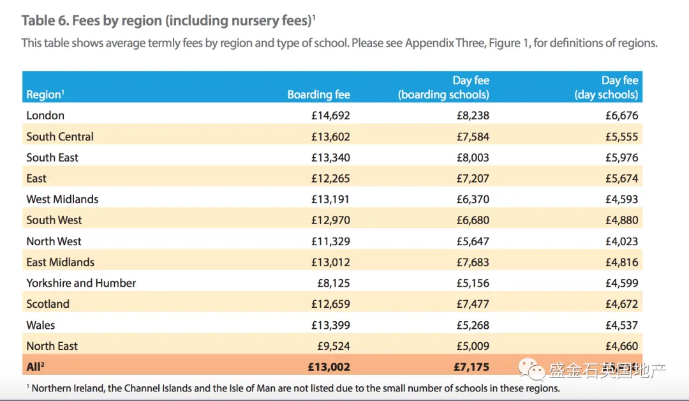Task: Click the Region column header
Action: pyautogui.click(x=45, y=95)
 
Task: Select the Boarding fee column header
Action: pyautogui.click(x=318, y=95)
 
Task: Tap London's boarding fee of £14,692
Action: pyautogui.click(x=330, y=116)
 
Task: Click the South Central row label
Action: pyautogui.click(x=60, y=137)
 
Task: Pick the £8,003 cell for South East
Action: pyautogui.click(x=473, y=158)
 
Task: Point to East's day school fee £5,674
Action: pyautogui.click(x=622, y=179)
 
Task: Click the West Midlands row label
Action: pyautogui.click(x=63, y=199)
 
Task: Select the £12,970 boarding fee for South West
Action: pyautogui.click(x=330, y=220)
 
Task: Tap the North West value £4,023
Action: pyautogui.click(x=622, y=241)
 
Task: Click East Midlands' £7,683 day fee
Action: pyautogui.click(x=473, y=262)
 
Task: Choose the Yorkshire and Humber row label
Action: pyautogui.click(x=81, y=283)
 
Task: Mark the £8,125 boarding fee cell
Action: pyautogui.click(x=334, y=283)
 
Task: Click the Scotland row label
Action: pyautogui.click(x=48, y=305)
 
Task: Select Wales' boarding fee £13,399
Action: pyautogui.click(x=330, y=326)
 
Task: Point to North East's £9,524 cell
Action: pyautogui.click(x=334, y=346)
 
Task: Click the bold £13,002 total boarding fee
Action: pyautogui.click(x=329, y=367)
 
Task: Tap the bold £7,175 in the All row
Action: pyautogui.click(x=471, y=367)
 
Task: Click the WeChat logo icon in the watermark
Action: pyautogui.click(x=531, y=369)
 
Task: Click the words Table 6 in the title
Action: pyautogui.click(x=45, y=20)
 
